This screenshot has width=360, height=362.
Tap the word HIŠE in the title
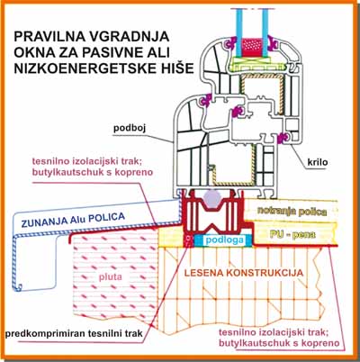coord(176,68)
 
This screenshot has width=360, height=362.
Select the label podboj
coord(130,128)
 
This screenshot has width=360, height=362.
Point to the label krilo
coord(318,162)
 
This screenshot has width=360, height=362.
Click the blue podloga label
coord(224,240)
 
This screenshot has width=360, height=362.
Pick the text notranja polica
coord(292,212)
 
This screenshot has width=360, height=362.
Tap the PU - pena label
coord(292,234)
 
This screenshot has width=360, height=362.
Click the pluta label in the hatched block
coord(111,276)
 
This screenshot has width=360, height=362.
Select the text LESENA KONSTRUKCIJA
coord(244,273)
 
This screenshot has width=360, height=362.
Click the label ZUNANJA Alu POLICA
coord(73,220)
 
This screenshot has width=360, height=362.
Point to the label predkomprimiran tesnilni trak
coord(74,334)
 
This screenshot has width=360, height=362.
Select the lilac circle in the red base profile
coord(212,199)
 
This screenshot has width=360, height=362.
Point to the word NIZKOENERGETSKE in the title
coord(85,68)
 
